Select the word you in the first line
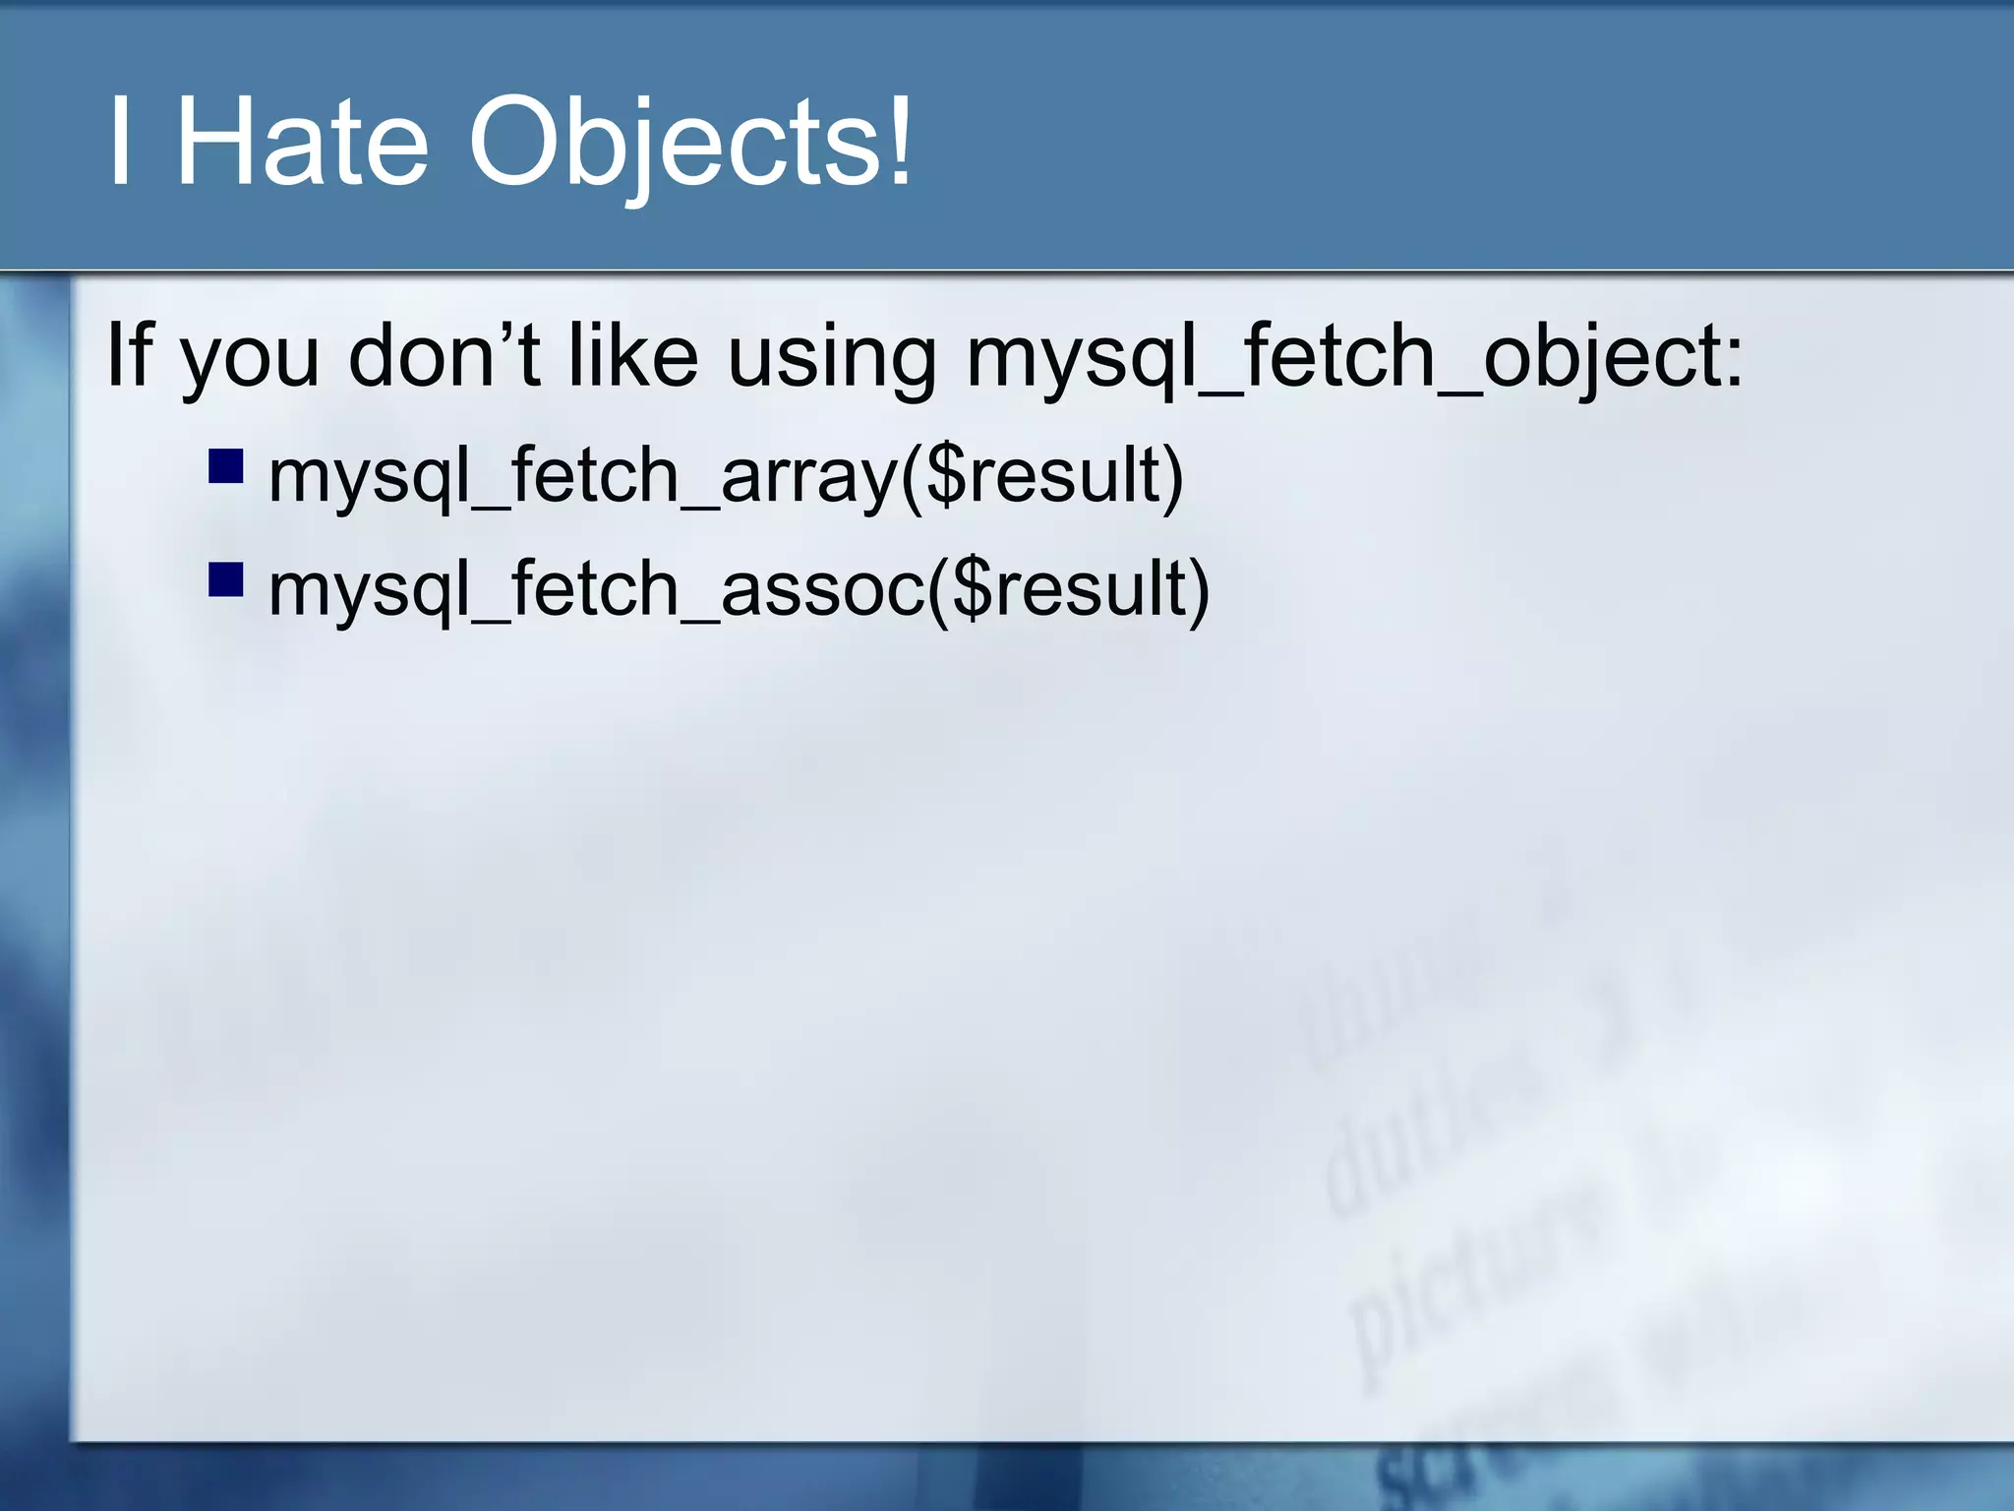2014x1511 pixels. point(249,362)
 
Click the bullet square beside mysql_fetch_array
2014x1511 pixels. point(226,465)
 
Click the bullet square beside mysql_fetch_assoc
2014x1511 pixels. point(226,579)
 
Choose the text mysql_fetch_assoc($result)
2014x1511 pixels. point(739,591)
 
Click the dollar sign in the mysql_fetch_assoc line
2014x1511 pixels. point(974,589)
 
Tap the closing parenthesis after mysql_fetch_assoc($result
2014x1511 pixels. point(1198,591)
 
